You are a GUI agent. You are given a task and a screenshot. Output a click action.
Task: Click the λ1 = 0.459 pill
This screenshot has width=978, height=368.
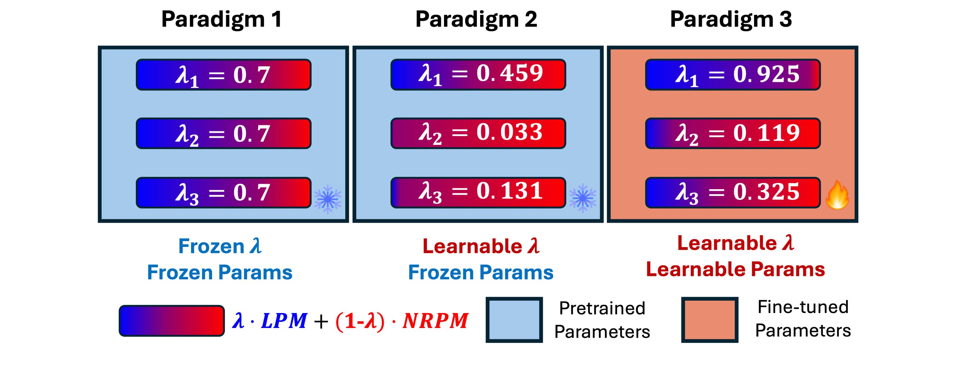point(478,74)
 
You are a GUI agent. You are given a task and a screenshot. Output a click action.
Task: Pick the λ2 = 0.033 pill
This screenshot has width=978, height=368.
point(478,133)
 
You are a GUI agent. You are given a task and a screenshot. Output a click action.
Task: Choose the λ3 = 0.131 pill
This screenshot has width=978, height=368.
point(478,192)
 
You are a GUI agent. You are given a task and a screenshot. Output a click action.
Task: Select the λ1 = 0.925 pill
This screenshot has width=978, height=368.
point(733,74)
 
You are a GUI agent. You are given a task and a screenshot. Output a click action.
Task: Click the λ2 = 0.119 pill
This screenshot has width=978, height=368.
point(733,133)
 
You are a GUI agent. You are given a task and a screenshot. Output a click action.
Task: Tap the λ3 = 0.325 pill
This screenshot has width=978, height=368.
point(733,192)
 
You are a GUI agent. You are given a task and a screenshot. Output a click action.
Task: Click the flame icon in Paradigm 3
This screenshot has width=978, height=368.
point(838,195)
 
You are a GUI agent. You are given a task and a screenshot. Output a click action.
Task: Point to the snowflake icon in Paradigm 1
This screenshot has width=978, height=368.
point(328,199)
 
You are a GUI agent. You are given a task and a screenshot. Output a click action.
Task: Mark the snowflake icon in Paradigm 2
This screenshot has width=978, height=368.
point(583,198)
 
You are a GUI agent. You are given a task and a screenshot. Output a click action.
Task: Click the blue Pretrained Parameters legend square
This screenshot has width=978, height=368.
point(514,320)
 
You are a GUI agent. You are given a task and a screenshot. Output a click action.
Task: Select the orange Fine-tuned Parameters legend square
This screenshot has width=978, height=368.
point(710,320)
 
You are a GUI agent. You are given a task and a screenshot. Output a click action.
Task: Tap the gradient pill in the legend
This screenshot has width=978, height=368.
point(172,321)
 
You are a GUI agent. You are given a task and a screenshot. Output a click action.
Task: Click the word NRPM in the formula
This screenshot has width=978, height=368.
point(435,321)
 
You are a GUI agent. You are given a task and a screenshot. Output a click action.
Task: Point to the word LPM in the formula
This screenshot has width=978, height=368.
point(284,321)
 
